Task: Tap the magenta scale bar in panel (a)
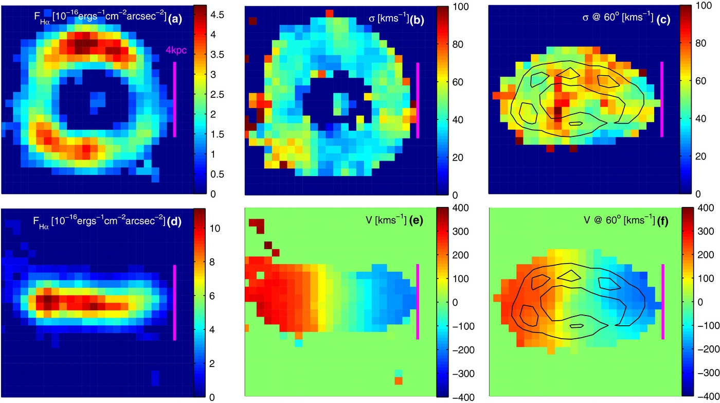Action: point(175,99)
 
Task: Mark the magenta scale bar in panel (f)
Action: point(662,302)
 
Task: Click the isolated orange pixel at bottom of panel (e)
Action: point(398,381)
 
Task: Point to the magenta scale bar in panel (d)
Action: point(175,303)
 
